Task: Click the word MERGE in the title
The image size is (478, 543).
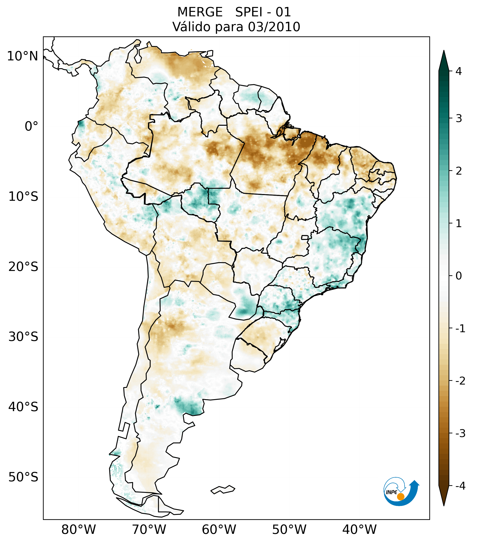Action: tap(200, 12)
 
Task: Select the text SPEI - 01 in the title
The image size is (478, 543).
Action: tap(263, 12)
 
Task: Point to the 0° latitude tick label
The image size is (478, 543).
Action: tap(31, 126)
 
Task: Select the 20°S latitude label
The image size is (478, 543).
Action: tap(23, 267)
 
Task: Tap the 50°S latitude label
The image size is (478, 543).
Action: tap(23, 477)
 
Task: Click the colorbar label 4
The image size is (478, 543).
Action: tap(459, 71)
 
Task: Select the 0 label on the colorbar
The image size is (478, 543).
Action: tap(459, 276)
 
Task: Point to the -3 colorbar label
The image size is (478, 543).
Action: tap(460, 433)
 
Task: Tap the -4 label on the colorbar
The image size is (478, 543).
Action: tap(460, 486)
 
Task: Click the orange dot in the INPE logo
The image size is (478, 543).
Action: tap(400, 497)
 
